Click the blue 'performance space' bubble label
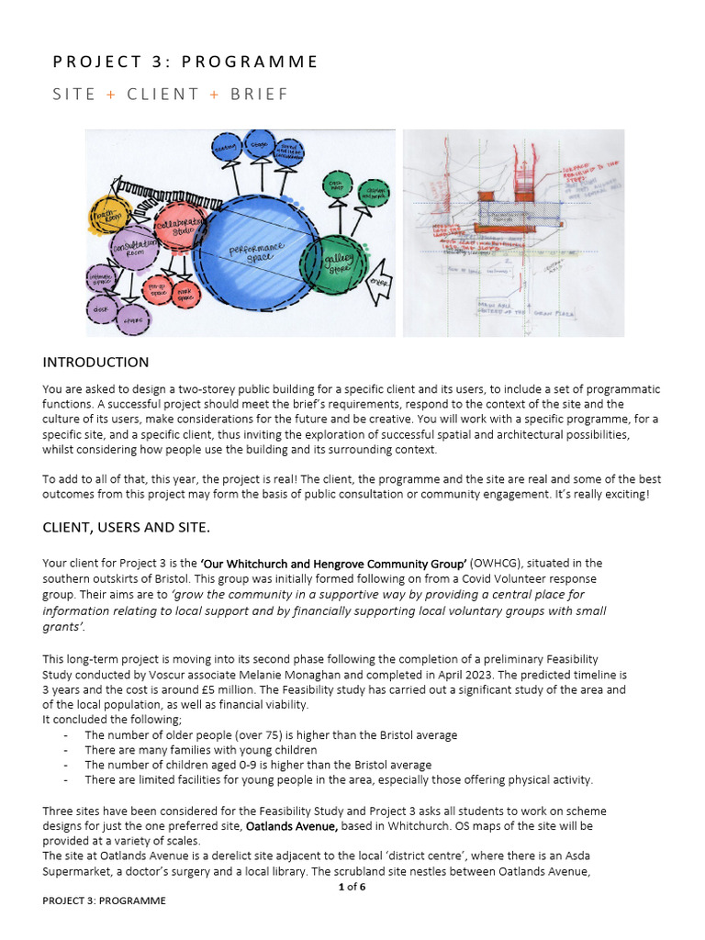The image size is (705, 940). [x=257, y=251]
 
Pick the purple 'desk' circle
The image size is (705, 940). [x=100, y=310]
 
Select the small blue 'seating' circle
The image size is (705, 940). [x=226, y=147]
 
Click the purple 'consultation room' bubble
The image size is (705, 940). [x=136, y=247]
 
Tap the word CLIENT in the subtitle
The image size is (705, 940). [x=162, y=94]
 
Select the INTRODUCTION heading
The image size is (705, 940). [x=95, y=363]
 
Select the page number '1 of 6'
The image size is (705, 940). [x=352, y=885]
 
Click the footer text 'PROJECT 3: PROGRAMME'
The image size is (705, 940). [x=104, y=901]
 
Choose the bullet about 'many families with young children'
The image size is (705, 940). [x=201, y=750]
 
